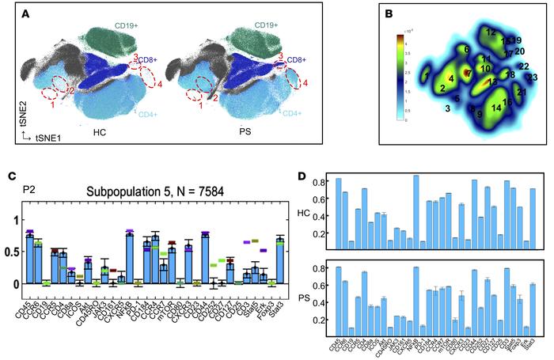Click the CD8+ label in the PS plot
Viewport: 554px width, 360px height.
coord(297,59)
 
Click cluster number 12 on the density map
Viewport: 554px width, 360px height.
coord(491,32)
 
